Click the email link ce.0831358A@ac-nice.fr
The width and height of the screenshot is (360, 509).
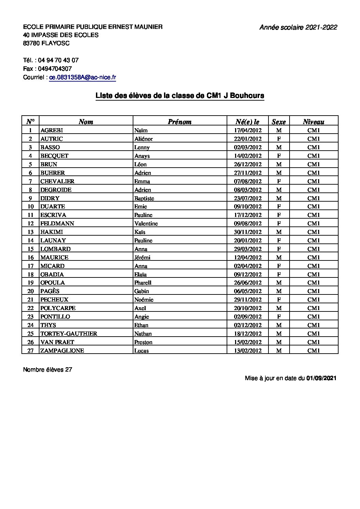tap(83, 78)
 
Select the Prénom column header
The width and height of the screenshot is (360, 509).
tap(180, 122)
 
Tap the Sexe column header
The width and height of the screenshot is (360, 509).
tap(279, 122)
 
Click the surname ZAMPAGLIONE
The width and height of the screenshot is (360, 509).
tap(62, 351)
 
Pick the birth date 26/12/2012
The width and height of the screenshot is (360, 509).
tap(248, 164)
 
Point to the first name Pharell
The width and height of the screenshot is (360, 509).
tap(143, 283)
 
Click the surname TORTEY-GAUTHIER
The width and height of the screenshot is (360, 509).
tap(69, 334)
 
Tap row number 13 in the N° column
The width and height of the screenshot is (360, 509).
tap(31, 232)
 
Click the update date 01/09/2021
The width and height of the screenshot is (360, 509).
tap(321, 378)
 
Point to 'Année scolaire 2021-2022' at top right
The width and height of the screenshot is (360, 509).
tap(298, 28)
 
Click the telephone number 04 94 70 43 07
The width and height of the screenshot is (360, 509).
tap(58, 60)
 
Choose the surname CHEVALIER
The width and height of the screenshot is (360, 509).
tap(57, 181)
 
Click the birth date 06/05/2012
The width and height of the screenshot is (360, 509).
tap(248, 291)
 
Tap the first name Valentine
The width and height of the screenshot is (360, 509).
tap(146, 223)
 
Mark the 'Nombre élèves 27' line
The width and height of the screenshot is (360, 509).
tap(48, 370)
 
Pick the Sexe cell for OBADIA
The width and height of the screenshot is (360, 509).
tap(279, 274)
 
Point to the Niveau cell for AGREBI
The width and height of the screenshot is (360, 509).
tap(314, 130)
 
